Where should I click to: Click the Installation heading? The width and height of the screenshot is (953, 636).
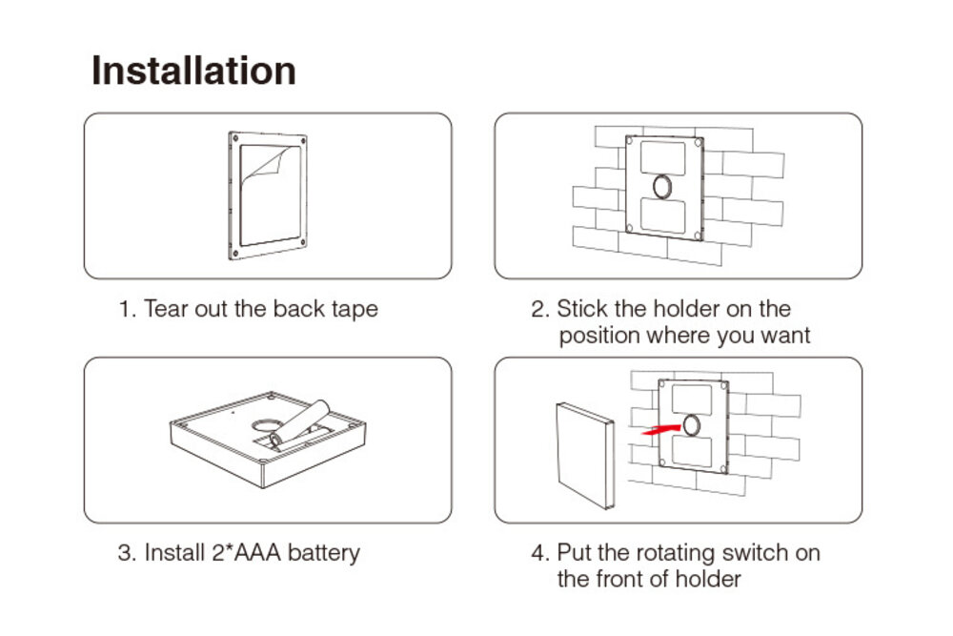[x=193, y=71]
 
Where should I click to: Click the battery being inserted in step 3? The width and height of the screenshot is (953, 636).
[x=299, y=423]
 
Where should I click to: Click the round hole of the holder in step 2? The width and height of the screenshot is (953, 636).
[x=662, y=186]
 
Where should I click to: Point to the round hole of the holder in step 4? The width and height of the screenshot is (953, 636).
[x=692, y=425]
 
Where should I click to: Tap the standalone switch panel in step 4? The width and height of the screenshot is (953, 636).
[x=585, y=455]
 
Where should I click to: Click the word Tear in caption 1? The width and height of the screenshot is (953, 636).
[x=166, y=309]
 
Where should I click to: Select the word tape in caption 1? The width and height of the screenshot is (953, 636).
[x=355, y=310]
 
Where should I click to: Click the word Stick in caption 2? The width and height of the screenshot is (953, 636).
[x=582, y=309]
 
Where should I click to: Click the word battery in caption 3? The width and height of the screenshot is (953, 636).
[x=323, y=553]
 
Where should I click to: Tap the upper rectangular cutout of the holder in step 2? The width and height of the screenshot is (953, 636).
[x=662, y=157]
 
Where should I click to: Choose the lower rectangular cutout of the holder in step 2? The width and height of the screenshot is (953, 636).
[x=662, y=215]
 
